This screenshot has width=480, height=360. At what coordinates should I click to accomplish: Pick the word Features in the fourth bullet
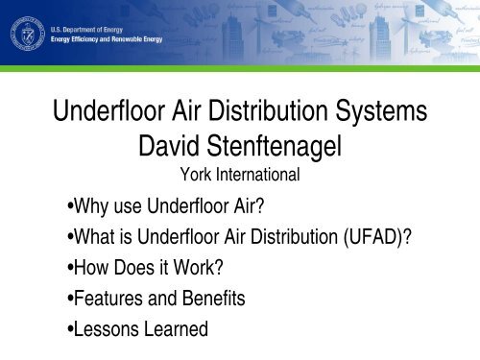102,299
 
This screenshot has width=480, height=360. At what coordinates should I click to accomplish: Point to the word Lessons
100,329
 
